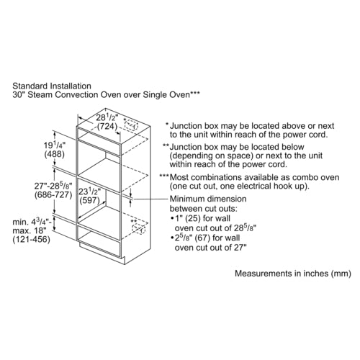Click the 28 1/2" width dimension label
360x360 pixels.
[x=107, y=117]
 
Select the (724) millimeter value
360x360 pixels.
[x=107, y=127]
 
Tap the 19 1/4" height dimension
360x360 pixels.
[x=55, y=145]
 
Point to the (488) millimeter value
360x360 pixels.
[x=55, y=154]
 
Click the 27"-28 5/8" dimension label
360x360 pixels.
[x=53, y=186]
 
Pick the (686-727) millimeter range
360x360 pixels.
[x=53, y=194]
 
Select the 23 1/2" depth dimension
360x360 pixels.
[x=89, y=192]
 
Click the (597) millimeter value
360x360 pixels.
[x=89, y=200]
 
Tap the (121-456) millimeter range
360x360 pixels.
[x=32, y=239]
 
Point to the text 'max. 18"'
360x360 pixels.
[x=29, y=230]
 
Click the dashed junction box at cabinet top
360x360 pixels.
[x=131, y=125]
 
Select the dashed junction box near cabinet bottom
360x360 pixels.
[x=139, y=229]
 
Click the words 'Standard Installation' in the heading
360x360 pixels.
[x=52, y=86]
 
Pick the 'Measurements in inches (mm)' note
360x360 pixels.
[x=293, y=274]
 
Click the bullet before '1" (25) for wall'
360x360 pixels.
[x=172, y=219]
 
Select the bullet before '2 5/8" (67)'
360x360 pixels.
[x=172, y=238]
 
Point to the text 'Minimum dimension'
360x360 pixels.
[x=208, y=199]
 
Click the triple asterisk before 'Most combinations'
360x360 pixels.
[x=164, y=176]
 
